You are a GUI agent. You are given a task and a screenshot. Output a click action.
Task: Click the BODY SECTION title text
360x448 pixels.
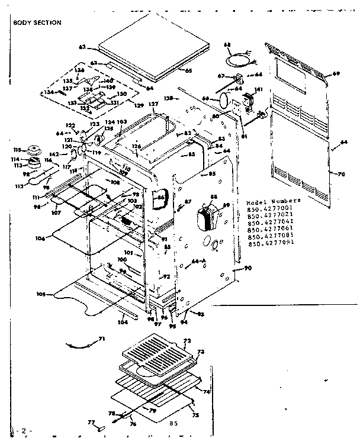click(37, 22)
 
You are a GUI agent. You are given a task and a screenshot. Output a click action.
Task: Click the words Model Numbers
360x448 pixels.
click(273, 201)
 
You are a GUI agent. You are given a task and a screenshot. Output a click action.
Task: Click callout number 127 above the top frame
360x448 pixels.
click(153, 104)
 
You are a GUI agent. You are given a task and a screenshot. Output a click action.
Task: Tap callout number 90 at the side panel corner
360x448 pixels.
click(247, 269)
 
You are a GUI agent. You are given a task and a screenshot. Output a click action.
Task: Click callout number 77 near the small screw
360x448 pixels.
click(91, 422)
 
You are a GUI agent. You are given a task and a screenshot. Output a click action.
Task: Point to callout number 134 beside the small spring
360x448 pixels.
click(46, 92)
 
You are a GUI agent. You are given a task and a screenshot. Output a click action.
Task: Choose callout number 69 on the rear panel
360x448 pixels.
click(336, 73)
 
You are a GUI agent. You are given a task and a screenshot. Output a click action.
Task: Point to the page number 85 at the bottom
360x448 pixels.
click(174, 423)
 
